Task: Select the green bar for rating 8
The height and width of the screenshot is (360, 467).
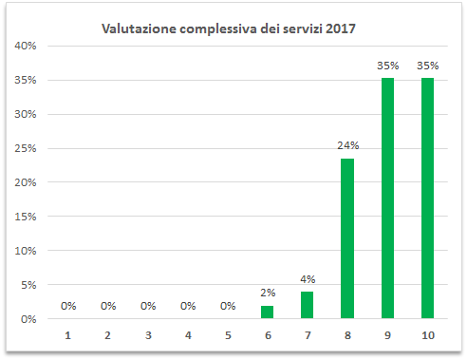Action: tap(347, 238)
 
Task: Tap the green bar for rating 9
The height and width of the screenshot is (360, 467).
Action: tap(387, 199)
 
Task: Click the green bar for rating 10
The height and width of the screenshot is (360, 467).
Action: tap(427, 199)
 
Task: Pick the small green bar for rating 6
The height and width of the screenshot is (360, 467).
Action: tap(268, 313)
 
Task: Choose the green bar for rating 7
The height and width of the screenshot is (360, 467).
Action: tap(308, 305)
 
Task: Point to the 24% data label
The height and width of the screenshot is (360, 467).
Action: tap(347, 146)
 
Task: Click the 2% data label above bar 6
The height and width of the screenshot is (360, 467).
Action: tap(268, 294)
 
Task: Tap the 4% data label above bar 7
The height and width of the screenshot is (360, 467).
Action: tap(308, 279)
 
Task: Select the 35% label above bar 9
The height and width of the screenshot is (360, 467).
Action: tap(387, 66)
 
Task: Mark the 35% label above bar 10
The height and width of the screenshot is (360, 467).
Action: tap(427, 66)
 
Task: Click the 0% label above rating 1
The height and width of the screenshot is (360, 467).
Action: tap(68, 306)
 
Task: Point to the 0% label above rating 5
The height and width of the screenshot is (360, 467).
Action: tap(228, 306)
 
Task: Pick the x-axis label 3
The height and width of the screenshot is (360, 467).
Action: tap(148, 335)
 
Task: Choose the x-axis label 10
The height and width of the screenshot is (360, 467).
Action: tap(427, 335)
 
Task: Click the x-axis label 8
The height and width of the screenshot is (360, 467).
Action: tap(347, 335)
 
